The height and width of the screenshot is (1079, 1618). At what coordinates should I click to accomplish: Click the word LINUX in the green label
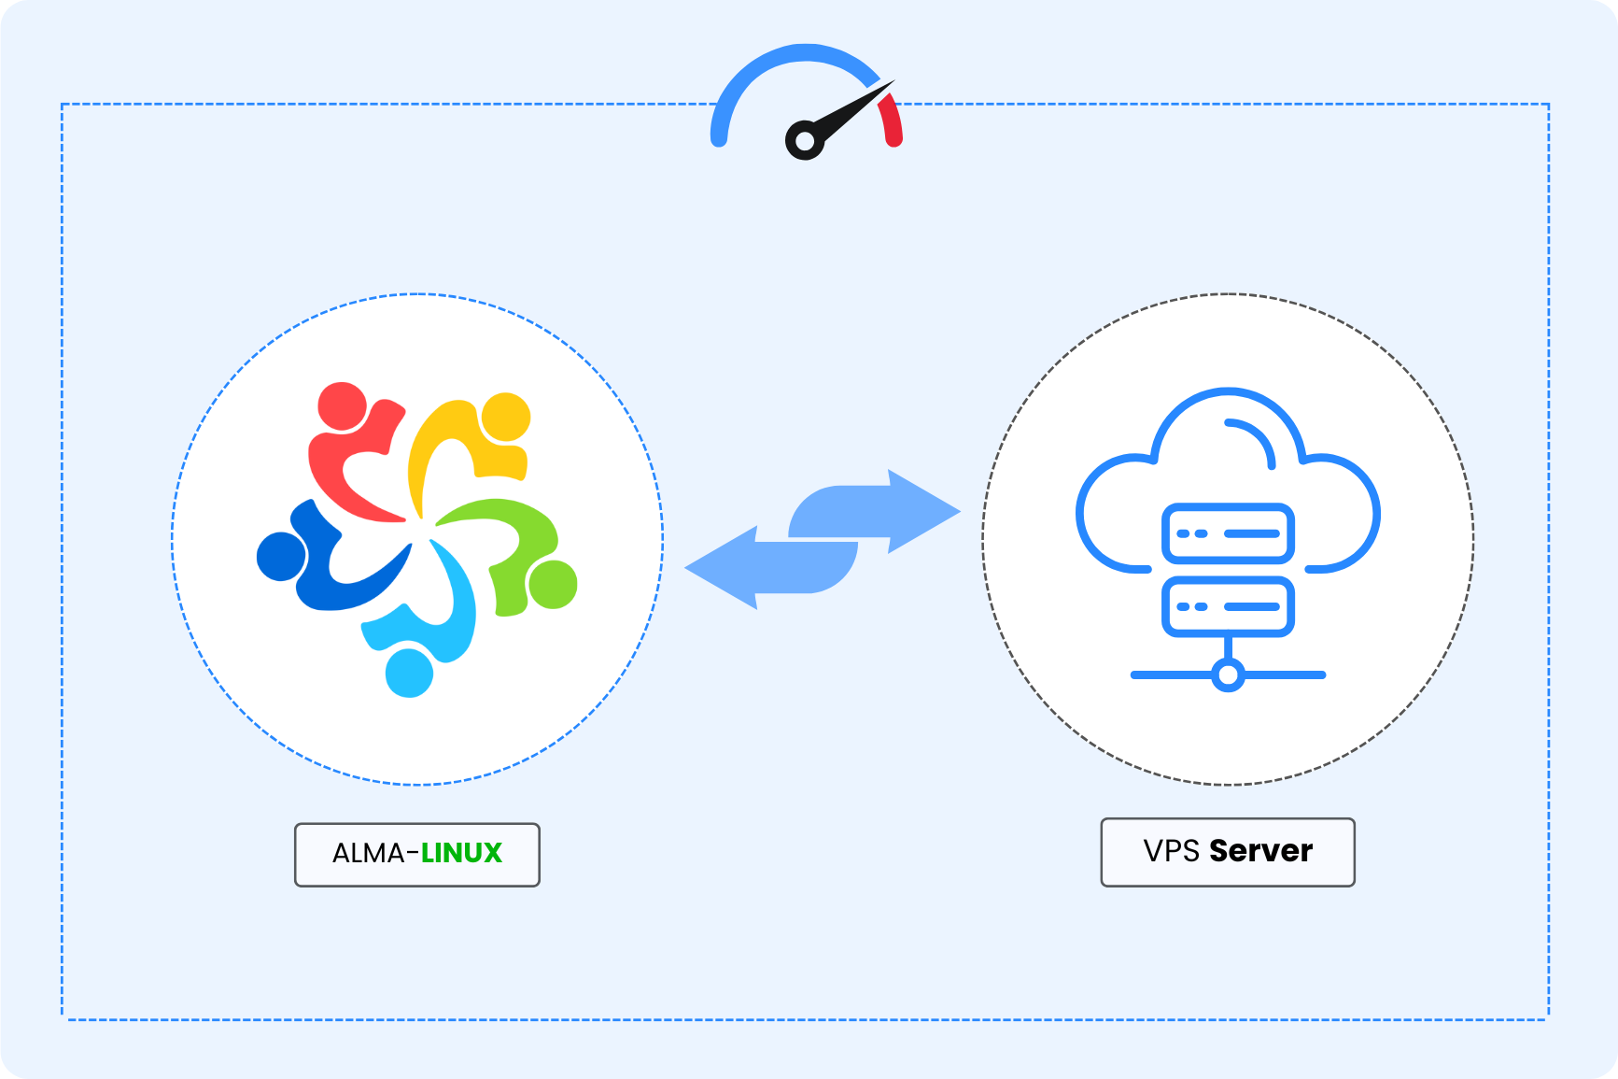pyautogui.click(x=461, y=853)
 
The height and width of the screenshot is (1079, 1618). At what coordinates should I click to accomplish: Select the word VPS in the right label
pyautogui.click(x=1171, y=851)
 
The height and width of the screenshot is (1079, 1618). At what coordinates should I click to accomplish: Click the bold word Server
pyautogui.click(x=1260, y=851)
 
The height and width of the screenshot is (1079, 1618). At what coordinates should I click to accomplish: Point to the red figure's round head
pyautogui.click(x=342, y=406)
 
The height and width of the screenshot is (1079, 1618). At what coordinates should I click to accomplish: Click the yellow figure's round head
pyautogui.click(x=505, y=417)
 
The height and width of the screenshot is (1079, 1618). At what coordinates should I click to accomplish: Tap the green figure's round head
pyautogui.click(x=552, y=584)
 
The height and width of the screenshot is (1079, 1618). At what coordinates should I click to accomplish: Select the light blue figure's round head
pyautogui.click(x=409, y=672)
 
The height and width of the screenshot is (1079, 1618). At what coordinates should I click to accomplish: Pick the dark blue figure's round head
pyautogui.click(x=281, y=556)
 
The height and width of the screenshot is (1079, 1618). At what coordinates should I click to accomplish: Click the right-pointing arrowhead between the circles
pyautogui.click(x=920, y=511)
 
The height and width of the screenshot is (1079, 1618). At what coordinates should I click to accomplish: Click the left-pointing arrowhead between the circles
pyautogui.click(x=725, y=568)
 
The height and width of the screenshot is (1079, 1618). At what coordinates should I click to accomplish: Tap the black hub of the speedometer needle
pyautogui.click(x=804, y=141)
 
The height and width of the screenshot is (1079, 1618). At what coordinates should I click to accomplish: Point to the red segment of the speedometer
pyautogui.click(x=891, y=121)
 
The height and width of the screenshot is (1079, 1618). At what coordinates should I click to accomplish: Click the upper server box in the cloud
pyautogui.click(x=1228, y=533)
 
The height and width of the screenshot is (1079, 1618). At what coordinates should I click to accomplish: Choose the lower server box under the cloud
pyautogui.click(x=1228, y=606)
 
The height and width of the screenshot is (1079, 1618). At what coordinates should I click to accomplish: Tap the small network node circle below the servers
pyautogui.click(x=1228, y=674)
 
